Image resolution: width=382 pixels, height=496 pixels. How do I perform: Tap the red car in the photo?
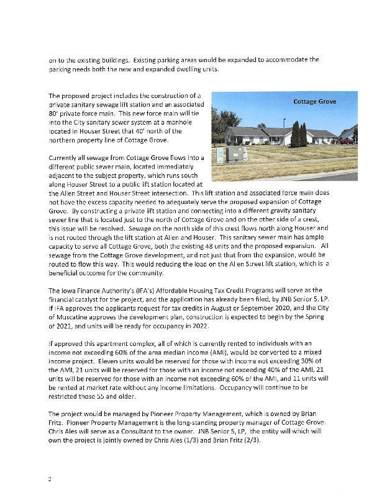(348, 142)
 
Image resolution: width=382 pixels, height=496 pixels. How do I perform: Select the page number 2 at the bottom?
(49, 479)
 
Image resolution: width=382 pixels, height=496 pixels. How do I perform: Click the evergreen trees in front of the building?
(301, 135)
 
